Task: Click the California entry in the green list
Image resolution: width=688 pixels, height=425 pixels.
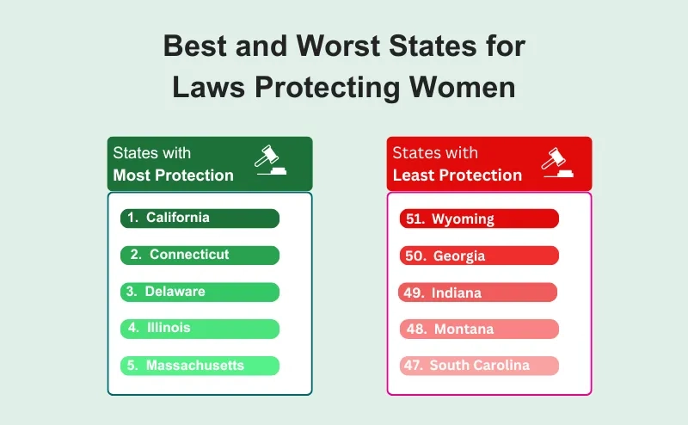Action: (200, 219)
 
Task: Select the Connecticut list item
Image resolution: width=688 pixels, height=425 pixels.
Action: (200, 255)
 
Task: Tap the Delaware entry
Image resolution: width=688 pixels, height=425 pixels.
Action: (200, 292)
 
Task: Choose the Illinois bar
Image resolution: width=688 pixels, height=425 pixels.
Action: (200, 329)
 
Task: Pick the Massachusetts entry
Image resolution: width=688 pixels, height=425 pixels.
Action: (200, 366)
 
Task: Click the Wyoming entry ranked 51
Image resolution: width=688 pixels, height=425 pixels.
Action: (479, 219)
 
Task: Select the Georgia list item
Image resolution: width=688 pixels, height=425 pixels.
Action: (479, 256)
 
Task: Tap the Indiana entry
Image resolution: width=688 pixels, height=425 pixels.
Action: (478, 293)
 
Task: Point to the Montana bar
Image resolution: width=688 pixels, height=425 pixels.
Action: (479, 329)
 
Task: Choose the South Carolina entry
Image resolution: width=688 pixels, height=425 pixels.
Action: (479, 366)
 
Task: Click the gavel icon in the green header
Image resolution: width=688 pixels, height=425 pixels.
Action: (272, 161)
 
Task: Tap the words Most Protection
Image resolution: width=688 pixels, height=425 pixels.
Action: (174, 176)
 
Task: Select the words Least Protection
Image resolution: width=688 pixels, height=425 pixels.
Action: (458, 176)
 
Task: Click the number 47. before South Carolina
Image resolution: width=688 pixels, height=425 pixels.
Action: (414, 366)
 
